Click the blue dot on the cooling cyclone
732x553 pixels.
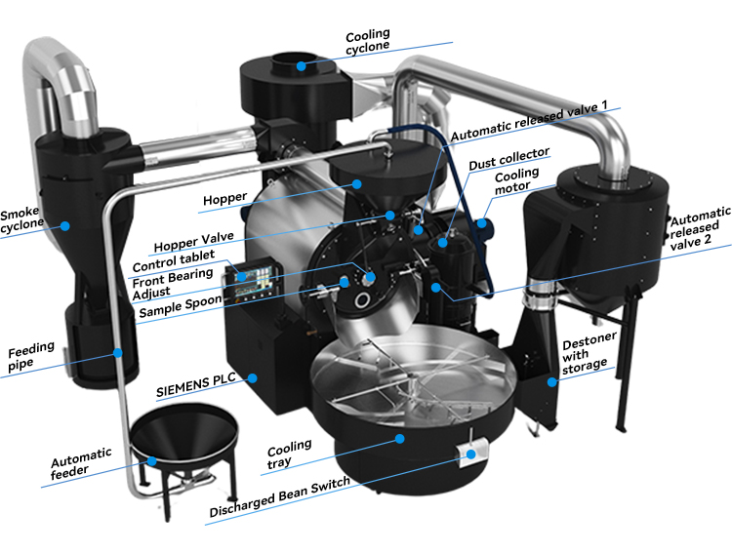coord(302,65)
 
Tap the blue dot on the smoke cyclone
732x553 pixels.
coord(65,225)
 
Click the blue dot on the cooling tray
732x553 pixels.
coord(399,439)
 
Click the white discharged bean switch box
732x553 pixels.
coord(470,454)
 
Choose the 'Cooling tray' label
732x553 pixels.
coord(290,454)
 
